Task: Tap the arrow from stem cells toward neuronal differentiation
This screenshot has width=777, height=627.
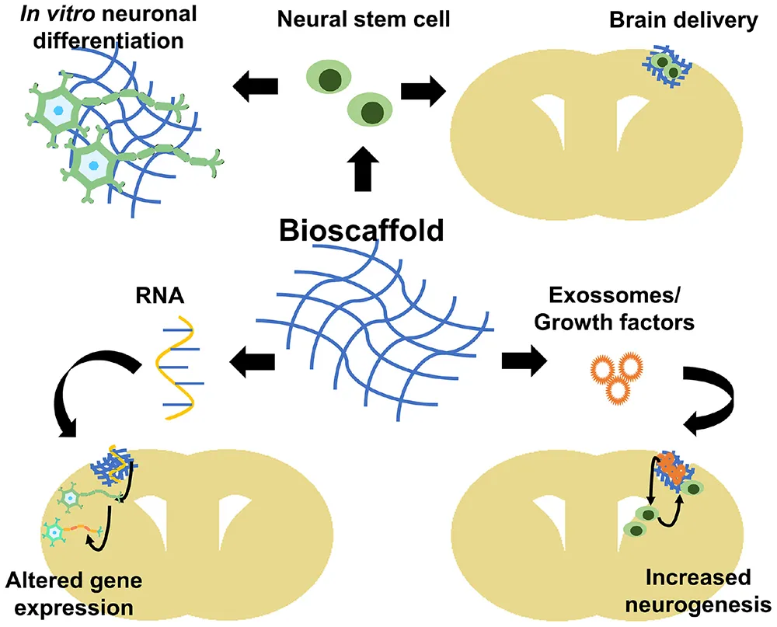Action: point(256,82)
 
